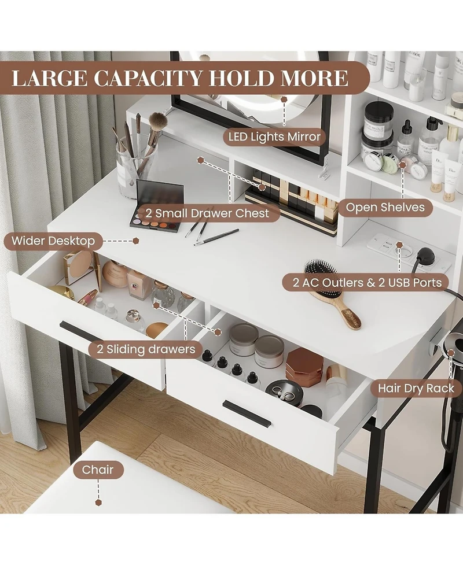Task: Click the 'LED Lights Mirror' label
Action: click(x=274, y=137)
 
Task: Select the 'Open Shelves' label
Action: click(x=385, y=207)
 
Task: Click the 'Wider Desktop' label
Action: click(x=53, y=241)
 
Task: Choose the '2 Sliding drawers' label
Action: click(x=142, y=349)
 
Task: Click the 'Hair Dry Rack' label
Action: click(x=416, y=388)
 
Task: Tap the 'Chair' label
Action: click(x=98, y=470)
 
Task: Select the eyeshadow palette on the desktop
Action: click(x=157, y=205)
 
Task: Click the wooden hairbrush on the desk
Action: click(x=332, y=292)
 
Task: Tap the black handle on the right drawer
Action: click(x=247, y=413)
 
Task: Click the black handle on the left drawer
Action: click(x=81, y=333)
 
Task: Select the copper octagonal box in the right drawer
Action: click(x=304, y=365)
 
